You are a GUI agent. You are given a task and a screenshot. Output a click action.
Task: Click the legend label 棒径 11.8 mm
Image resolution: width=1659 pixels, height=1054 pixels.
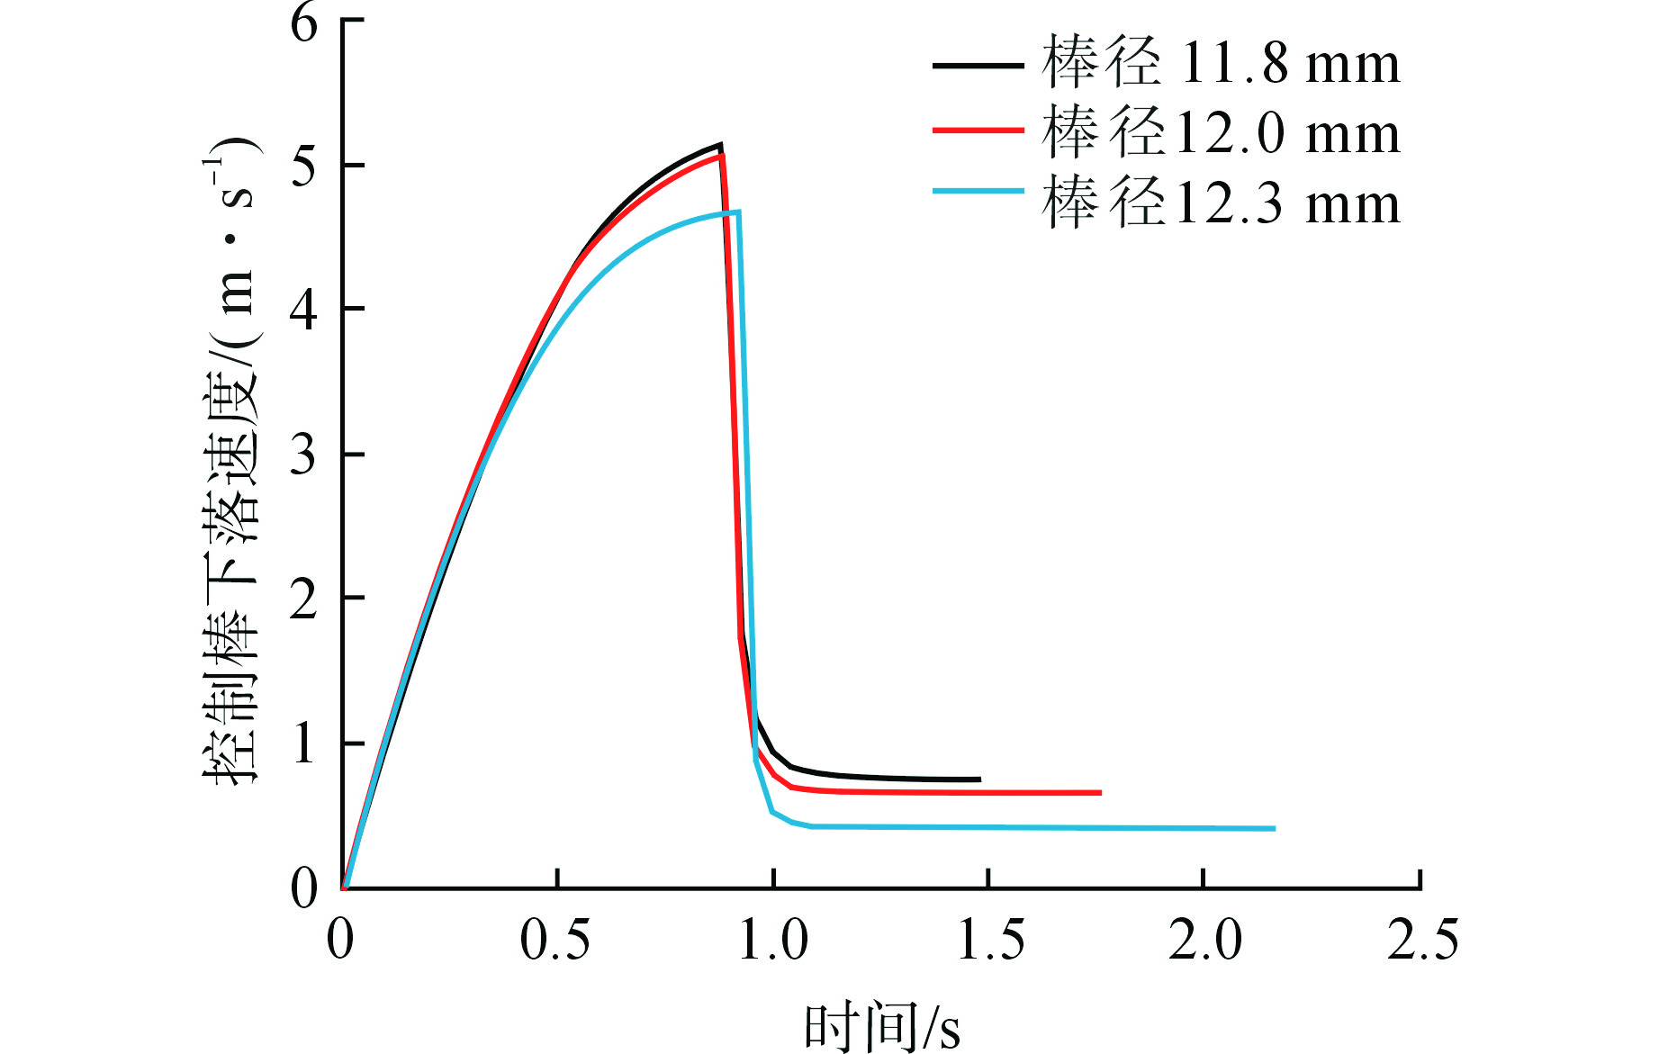[1221, 63]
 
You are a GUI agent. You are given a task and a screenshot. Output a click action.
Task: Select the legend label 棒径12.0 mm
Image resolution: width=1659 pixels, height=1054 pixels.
[1221, 132]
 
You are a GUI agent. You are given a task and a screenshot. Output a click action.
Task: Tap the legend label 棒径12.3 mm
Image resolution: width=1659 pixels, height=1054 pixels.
[1221, 203]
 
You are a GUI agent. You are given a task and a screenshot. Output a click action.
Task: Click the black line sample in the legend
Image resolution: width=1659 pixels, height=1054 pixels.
[978, 65]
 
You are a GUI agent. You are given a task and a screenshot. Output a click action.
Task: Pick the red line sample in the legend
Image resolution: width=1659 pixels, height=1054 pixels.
[978, 131]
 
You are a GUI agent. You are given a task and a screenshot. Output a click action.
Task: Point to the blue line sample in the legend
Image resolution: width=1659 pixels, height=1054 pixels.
[978, 192]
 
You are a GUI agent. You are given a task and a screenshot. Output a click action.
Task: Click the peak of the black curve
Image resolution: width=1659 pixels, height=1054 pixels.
[721, 144]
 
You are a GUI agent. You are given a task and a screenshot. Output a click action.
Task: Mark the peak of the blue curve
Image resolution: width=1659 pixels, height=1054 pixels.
[738, 212]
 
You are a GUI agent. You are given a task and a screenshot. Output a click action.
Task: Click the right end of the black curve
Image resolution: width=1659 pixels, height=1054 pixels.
[979, 779]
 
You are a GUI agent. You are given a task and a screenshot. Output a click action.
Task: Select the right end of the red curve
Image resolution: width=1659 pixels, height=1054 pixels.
[1100, 793]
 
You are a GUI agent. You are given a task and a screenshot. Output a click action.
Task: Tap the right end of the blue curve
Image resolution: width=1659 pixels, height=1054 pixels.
[1275, 828]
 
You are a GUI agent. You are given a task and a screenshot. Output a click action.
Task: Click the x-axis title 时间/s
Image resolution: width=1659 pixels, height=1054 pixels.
[881, 1026]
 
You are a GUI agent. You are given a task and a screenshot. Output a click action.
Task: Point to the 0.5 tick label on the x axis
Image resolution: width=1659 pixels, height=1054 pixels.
[555, 941]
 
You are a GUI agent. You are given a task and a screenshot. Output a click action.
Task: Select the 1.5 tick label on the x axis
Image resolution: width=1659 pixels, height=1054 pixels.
[990, 941]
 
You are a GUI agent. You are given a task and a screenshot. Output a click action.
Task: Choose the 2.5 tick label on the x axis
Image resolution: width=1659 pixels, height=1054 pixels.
[1422, 941]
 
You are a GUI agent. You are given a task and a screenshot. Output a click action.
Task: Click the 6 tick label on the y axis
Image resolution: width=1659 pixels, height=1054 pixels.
[304, 22]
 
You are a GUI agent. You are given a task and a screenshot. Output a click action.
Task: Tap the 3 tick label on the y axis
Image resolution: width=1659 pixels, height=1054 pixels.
[304, 455]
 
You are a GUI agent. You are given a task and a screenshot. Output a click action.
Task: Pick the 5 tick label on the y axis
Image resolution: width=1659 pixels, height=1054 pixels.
[304, 167]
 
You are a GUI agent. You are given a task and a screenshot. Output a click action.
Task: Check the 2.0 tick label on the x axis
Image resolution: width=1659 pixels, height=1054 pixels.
[1205, 941]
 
